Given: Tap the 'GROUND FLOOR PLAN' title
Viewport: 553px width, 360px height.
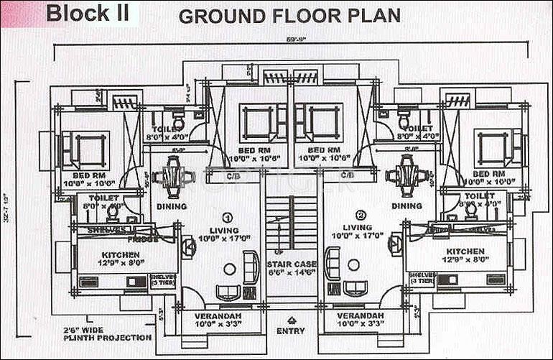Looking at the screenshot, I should point(289,16).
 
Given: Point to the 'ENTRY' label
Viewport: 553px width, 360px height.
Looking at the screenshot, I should point(290,331).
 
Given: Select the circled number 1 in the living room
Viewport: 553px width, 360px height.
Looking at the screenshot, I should point(228,216).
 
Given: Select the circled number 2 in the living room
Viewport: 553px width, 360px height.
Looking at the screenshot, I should point(361,214).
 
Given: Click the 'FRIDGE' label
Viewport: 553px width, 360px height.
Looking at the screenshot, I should point(144,239).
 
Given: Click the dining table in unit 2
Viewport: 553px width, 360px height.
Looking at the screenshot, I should point(405,175).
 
